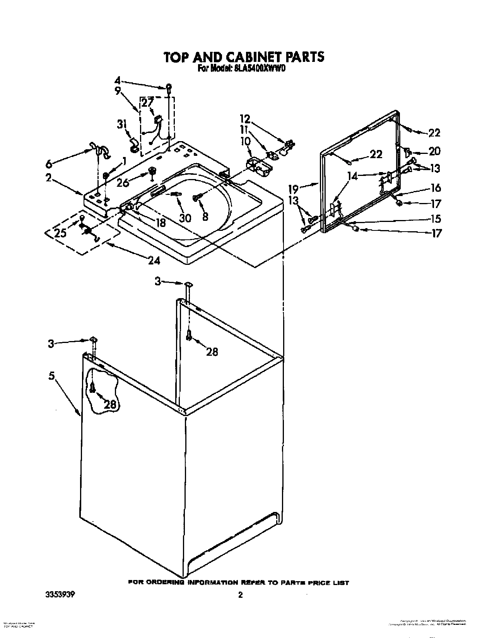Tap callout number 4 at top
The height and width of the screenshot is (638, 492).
[118, 81]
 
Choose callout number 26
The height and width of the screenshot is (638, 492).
[123, 182]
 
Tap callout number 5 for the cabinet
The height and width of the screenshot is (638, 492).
[51, 375]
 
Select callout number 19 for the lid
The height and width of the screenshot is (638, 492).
[294, 189]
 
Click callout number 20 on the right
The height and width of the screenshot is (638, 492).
[434, 151]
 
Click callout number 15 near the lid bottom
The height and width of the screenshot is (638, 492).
[436, 218]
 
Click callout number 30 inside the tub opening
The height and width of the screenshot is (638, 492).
[185, 218]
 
